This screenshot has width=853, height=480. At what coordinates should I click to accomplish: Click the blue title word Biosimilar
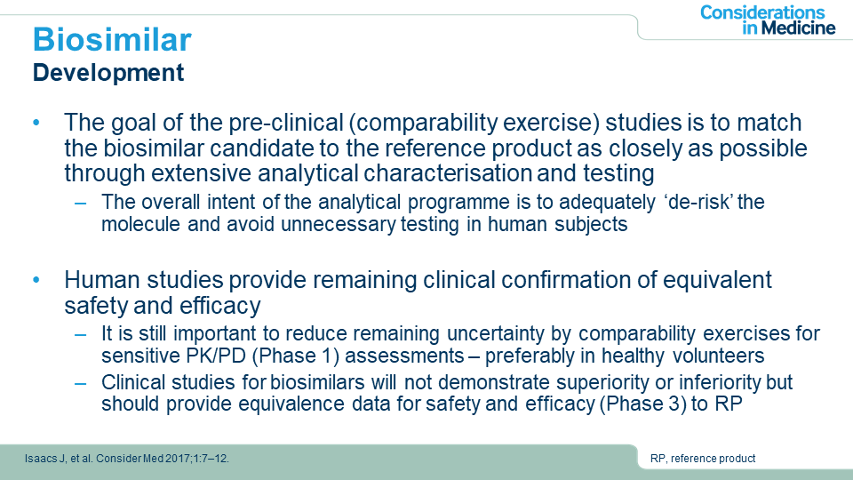coord(112,40)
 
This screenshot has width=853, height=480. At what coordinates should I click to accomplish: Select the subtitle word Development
coord(108,73)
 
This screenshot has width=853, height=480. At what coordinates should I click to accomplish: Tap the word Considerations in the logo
coord(762,12)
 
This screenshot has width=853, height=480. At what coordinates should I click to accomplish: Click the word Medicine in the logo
coord(799,28)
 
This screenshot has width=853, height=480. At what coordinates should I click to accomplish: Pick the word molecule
coord(140,224)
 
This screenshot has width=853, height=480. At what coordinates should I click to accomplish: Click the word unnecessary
coord(339,225)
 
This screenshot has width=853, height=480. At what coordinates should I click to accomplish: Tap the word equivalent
coord(717,280)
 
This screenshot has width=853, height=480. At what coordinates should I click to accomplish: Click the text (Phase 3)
coord(642,404)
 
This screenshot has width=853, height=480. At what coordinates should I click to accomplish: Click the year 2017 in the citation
coord(177,459)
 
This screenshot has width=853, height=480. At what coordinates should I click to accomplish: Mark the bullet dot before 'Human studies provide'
coord(36,280)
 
